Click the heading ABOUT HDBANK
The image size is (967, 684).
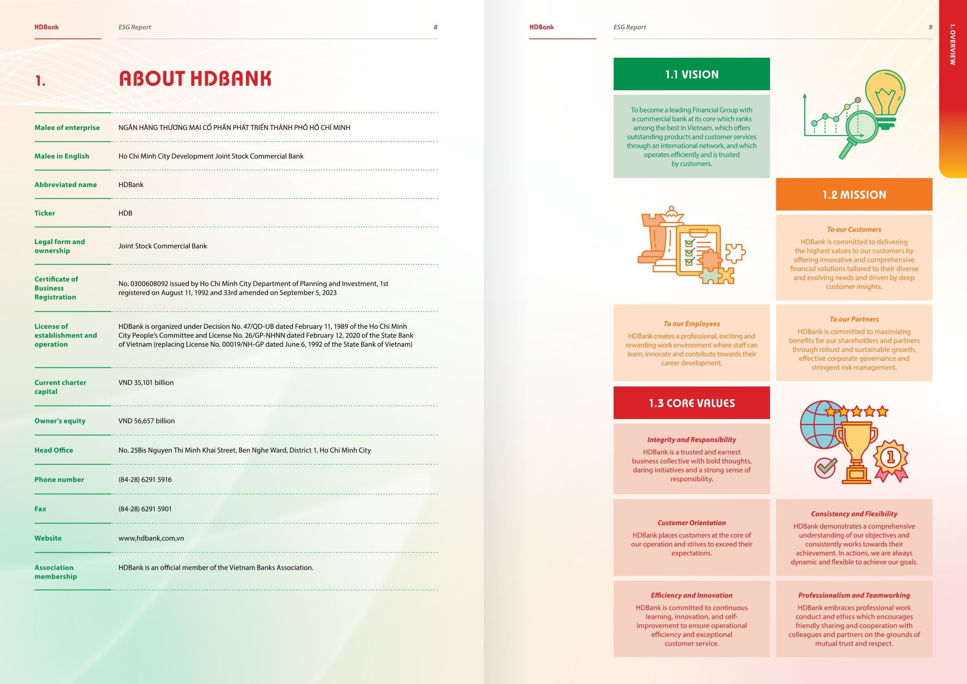[x=195, y=79]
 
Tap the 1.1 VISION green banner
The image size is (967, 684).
[x=691, y=74]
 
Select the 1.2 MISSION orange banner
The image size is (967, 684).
[x=854, y=194]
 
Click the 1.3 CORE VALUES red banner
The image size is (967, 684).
[x=691, y=403]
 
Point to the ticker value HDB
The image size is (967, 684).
[x=125, y=213]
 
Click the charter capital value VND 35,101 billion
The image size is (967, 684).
[x=146, y=383]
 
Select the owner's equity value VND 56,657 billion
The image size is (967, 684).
[x=146, y=421]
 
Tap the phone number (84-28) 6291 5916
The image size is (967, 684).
[x=145, y=480]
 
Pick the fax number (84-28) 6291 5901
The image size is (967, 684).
[x=145, y=509]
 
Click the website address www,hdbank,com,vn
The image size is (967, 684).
[x=151, y=538]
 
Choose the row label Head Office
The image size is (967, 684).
[x=54, y=450]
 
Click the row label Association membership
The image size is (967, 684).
[x=55, y=572]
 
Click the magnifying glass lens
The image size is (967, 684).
[x=862, y=126]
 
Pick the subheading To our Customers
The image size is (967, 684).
[x=854, y=230]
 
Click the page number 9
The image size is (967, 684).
[x=930, y=27]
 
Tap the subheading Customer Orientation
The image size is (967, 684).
[x=691, y=523]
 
